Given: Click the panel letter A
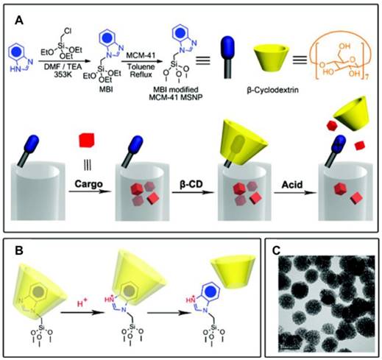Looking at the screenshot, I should [20, 23].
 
